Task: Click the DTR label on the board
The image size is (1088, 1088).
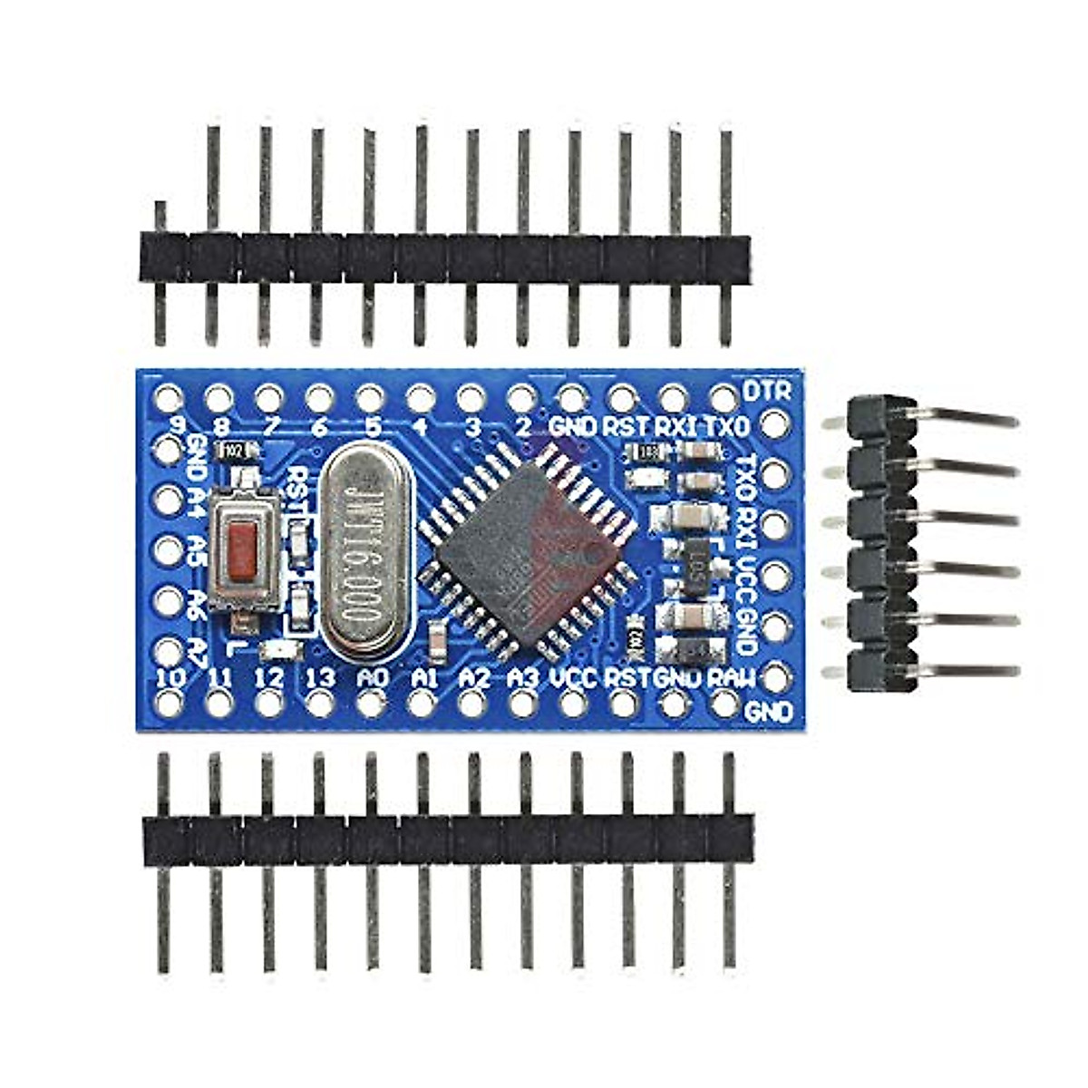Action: (x=766, y=391)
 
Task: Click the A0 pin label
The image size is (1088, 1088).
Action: (x=372, y=676)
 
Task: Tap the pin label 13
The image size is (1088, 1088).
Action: (x=320, y=676)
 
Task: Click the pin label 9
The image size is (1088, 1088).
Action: (x=178, y=425)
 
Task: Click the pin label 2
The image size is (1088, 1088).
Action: (x=523, y=425)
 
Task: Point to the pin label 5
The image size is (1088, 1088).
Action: (x=371, y=425)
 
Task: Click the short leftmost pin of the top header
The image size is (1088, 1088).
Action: (x=160, y=218)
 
